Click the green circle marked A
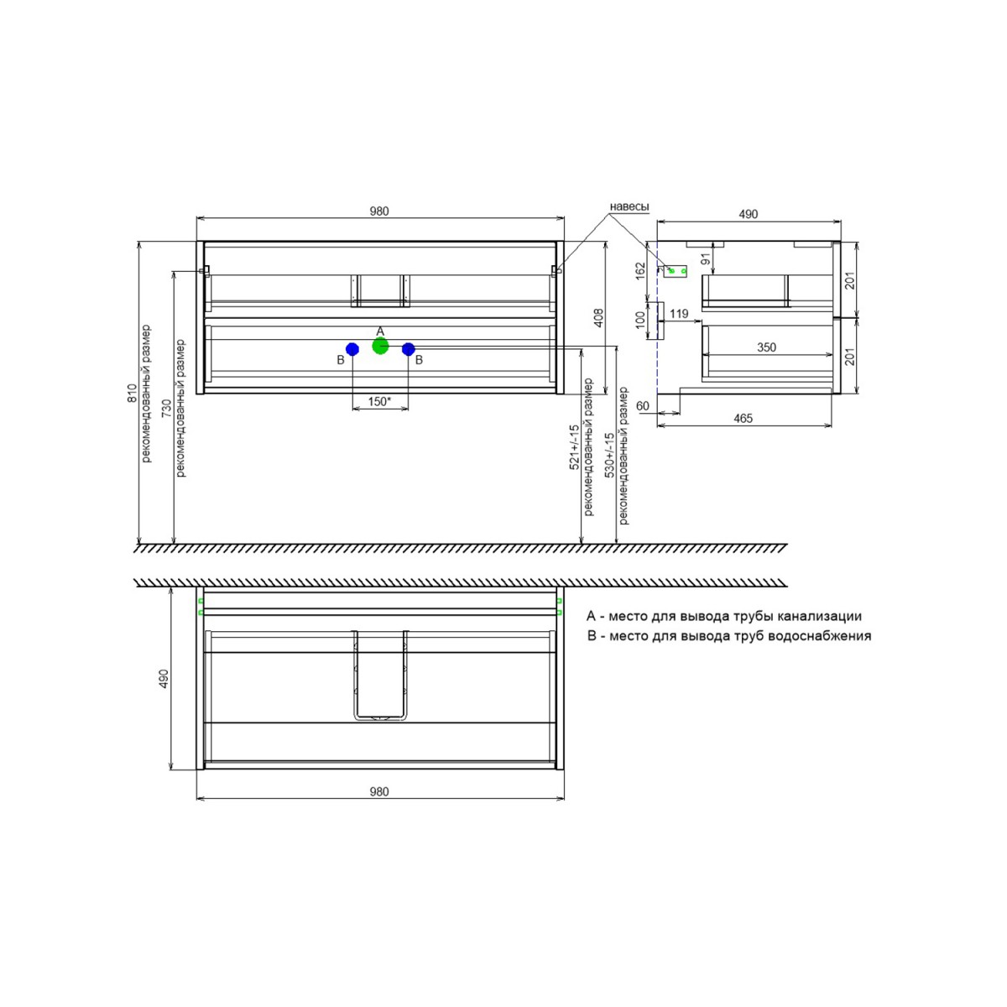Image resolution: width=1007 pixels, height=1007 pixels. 380,346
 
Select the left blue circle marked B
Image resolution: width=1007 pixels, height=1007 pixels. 352,349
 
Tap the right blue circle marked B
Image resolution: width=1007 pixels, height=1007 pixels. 408,349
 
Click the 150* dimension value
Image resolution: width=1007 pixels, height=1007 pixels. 380,401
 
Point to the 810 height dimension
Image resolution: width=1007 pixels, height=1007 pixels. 133,393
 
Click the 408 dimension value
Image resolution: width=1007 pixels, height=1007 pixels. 599,318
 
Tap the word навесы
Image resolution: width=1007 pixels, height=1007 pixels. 629,207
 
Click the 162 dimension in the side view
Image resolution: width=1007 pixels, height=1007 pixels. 641,271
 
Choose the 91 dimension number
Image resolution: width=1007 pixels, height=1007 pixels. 706,258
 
